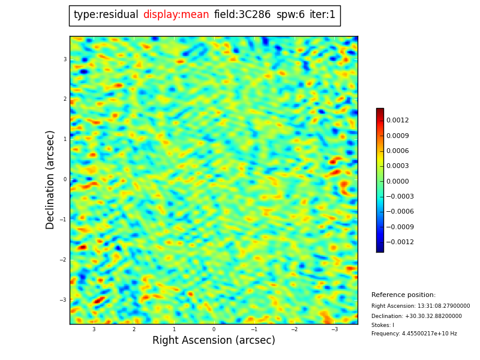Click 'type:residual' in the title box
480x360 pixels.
106,15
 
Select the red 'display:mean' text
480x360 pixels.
176,15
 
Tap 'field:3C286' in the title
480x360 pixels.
242,15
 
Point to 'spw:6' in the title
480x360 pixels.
290,15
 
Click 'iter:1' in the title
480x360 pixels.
322,15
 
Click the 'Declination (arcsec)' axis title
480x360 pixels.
50,179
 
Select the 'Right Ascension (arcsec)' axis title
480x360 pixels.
214,341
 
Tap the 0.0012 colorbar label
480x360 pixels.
397,121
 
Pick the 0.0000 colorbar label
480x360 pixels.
397,181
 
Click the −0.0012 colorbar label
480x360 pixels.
400,242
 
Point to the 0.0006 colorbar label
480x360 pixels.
397,151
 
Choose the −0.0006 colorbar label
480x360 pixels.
400,212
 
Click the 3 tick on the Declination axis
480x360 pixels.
65,59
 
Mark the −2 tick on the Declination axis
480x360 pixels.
63,260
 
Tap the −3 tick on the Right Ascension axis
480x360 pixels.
334,329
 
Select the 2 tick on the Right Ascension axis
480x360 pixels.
134,329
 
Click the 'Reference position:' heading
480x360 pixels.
403,295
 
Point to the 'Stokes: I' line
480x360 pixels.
383,325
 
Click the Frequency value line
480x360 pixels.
414,334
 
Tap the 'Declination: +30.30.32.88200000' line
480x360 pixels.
416,316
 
